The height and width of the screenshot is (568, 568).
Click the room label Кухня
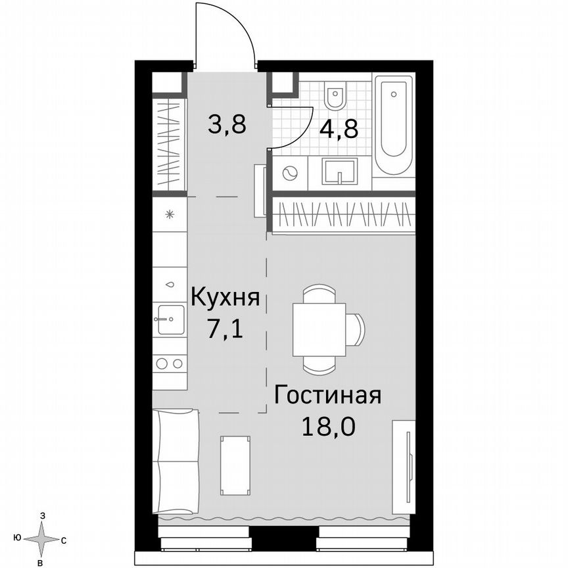coord(225,298)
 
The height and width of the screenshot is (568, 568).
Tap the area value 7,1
coord(225,327)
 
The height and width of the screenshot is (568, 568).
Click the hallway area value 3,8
coord(226,123)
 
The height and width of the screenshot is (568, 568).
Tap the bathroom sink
coord(340,172)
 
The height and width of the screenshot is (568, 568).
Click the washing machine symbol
coord(290,174)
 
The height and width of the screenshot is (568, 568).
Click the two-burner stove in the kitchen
coord(170,362)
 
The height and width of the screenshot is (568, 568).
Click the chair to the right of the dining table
coord(355,329)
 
